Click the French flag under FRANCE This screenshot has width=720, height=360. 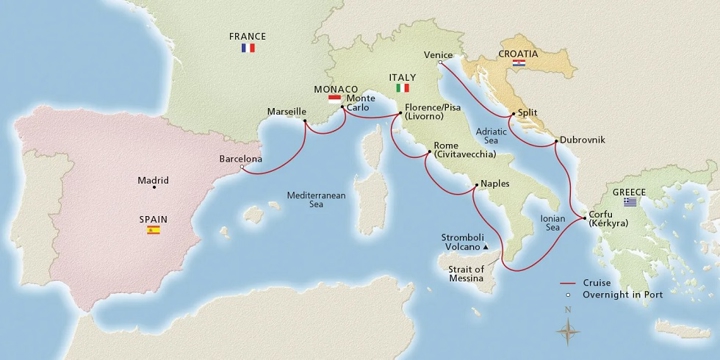coord(249,48)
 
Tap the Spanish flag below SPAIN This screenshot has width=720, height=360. coord(153,230)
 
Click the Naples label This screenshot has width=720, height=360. coord(496,184)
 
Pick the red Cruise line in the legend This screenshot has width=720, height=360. coord(573,282)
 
